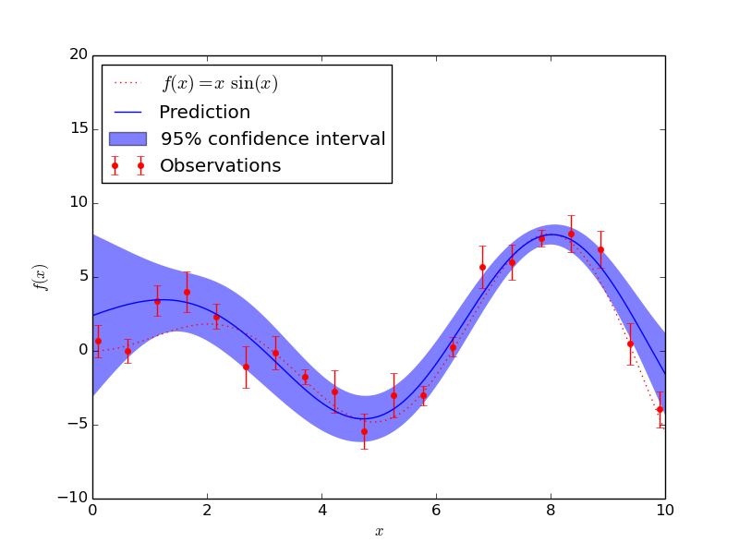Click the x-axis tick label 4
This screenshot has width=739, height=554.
pyautogui.click(x=321, y=510)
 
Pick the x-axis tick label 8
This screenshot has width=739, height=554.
pyautogui.click(x=551, y=510)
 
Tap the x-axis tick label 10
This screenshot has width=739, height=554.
pyautogui.click(x=665, y=510)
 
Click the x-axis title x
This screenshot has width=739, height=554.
pyautogui.click(x=379, y=532)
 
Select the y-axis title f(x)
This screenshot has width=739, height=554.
pyautogui.click(x=41, y=277)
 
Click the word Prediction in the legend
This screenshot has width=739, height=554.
pyautogui.click(x=204, y=113)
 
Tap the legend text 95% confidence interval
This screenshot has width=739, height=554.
pyautogui.click(x=273, y=139)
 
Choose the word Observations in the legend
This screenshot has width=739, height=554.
pyautogui.click(x=220, y=166)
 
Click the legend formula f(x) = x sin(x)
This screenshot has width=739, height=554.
pyautogui.click(x=220, y=84)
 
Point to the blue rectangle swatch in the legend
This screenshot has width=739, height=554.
pyautogui.click(x=127, y=138)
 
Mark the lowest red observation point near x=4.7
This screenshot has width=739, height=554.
pyautogui.click(x=364, y=431)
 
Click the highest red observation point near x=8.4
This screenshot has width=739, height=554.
pyautogui.click(x=571, y=234)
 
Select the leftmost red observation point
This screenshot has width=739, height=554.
pyautogui.click(x=98, y=341)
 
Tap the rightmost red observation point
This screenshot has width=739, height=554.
pyautogui.click(x=660, y=409)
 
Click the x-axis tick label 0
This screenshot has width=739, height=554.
pyautogui.click(x=92, y=510)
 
